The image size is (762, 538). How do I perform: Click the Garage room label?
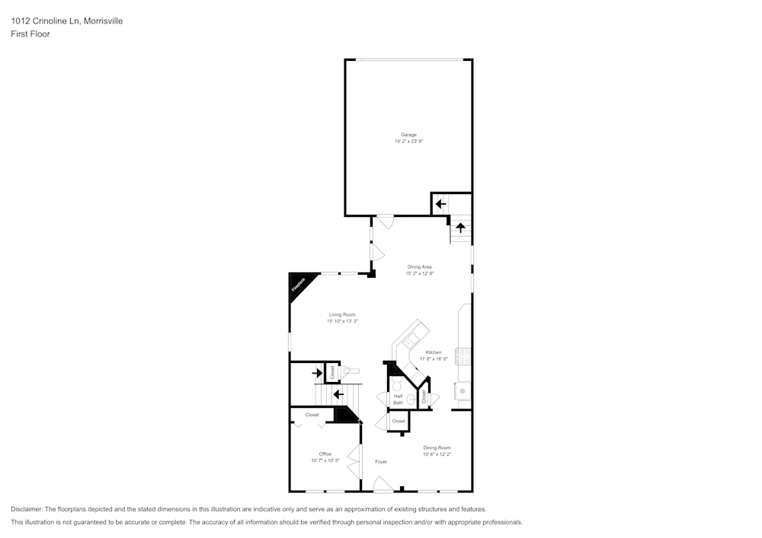pos(408,135)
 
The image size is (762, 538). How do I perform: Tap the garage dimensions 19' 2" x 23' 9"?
pos(408,142)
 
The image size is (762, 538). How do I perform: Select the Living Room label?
pos(342,314)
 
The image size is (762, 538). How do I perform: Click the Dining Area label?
pos(420,267)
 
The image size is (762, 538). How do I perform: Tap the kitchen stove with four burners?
pos(463,355)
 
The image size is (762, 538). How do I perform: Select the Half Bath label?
pos(398,399)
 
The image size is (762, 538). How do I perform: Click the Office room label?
pos(325,454)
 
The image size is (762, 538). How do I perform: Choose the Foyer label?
pos(381,462)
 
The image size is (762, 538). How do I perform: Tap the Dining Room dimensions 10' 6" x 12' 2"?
pos(437,454)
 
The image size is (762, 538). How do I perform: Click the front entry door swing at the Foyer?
pos(383,484)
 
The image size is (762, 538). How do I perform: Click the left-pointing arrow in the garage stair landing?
pos(440,204)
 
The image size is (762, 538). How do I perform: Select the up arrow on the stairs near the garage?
pos(460,227)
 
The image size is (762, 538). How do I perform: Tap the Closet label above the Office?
pos(312,415)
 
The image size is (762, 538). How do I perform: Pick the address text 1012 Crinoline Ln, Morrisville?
pos(66,21)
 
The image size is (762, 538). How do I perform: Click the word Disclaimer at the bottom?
pos(27,508)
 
